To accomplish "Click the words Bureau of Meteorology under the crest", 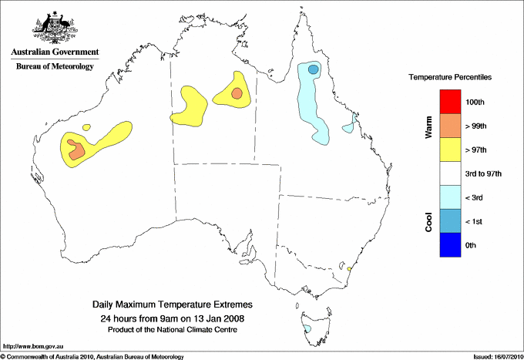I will (55, 66).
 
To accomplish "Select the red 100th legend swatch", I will (449, 102).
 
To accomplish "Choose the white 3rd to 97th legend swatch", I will (449, 173).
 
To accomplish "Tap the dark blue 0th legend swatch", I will (449, 245).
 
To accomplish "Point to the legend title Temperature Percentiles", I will (450, 78).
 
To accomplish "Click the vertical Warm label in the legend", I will (429, 127).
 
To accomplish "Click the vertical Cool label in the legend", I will (429, 222).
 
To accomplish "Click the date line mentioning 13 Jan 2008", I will (172, 318).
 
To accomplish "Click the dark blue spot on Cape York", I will (313, 70).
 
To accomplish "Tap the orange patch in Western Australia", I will (76, 150).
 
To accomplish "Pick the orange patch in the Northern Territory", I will (237, 94).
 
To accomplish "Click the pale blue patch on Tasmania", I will (307, 328).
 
